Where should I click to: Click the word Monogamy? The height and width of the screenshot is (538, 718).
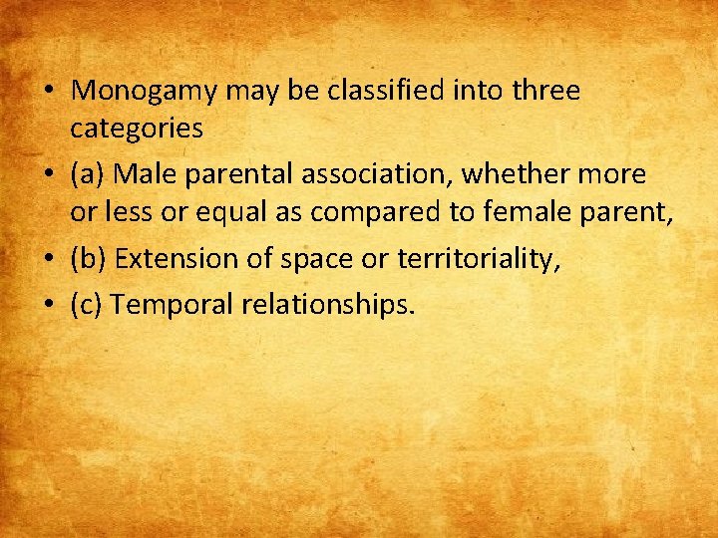[x=146, y=91]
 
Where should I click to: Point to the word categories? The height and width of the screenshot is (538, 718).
[x=137, y=128]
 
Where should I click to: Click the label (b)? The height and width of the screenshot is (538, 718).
[x=89, y=258]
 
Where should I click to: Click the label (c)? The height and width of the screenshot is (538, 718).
[x=88, y=303]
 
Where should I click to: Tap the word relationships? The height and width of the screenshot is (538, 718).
[x=327, y=303]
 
